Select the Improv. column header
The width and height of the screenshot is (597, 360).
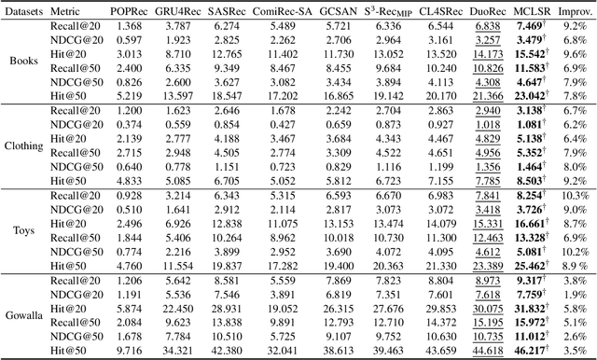click(574, 11)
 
